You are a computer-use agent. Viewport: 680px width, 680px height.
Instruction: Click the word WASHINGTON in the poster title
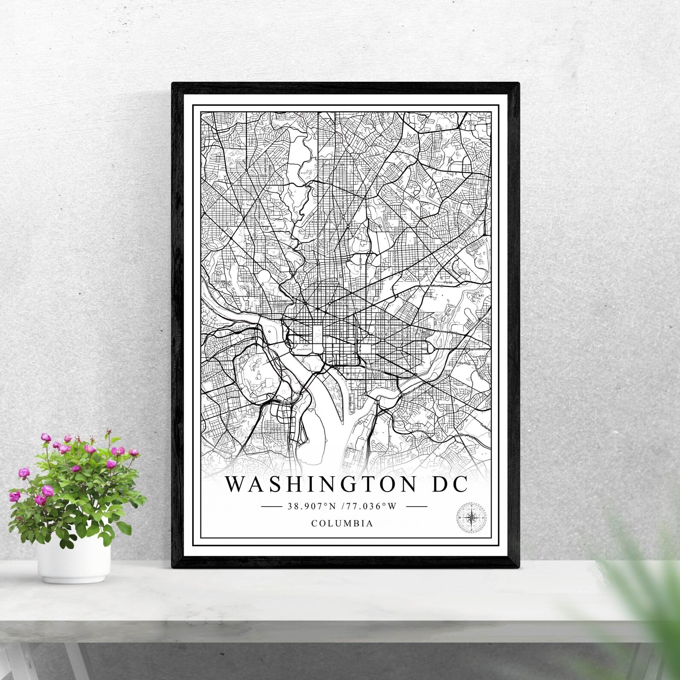[321, 484]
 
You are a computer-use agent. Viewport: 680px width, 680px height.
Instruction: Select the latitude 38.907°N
[312, 506]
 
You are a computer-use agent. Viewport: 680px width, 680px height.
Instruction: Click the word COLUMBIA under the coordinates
[342, 523]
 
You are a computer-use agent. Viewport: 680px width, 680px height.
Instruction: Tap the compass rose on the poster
[472, 517]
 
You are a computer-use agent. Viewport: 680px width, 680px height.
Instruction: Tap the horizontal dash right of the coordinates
[416, 506]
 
